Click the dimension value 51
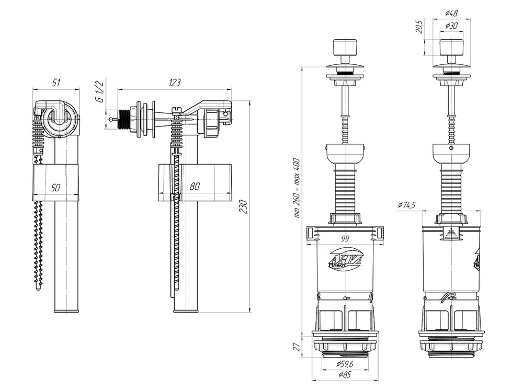pos(56,82)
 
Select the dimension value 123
pos(175,82)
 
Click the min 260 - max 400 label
pos(297,188)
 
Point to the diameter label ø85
pos(345,375)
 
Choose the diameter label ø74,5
pos(406,205)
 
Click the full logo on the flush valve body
pos(345,259)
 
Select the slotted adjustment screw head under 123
pos(176,110)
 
